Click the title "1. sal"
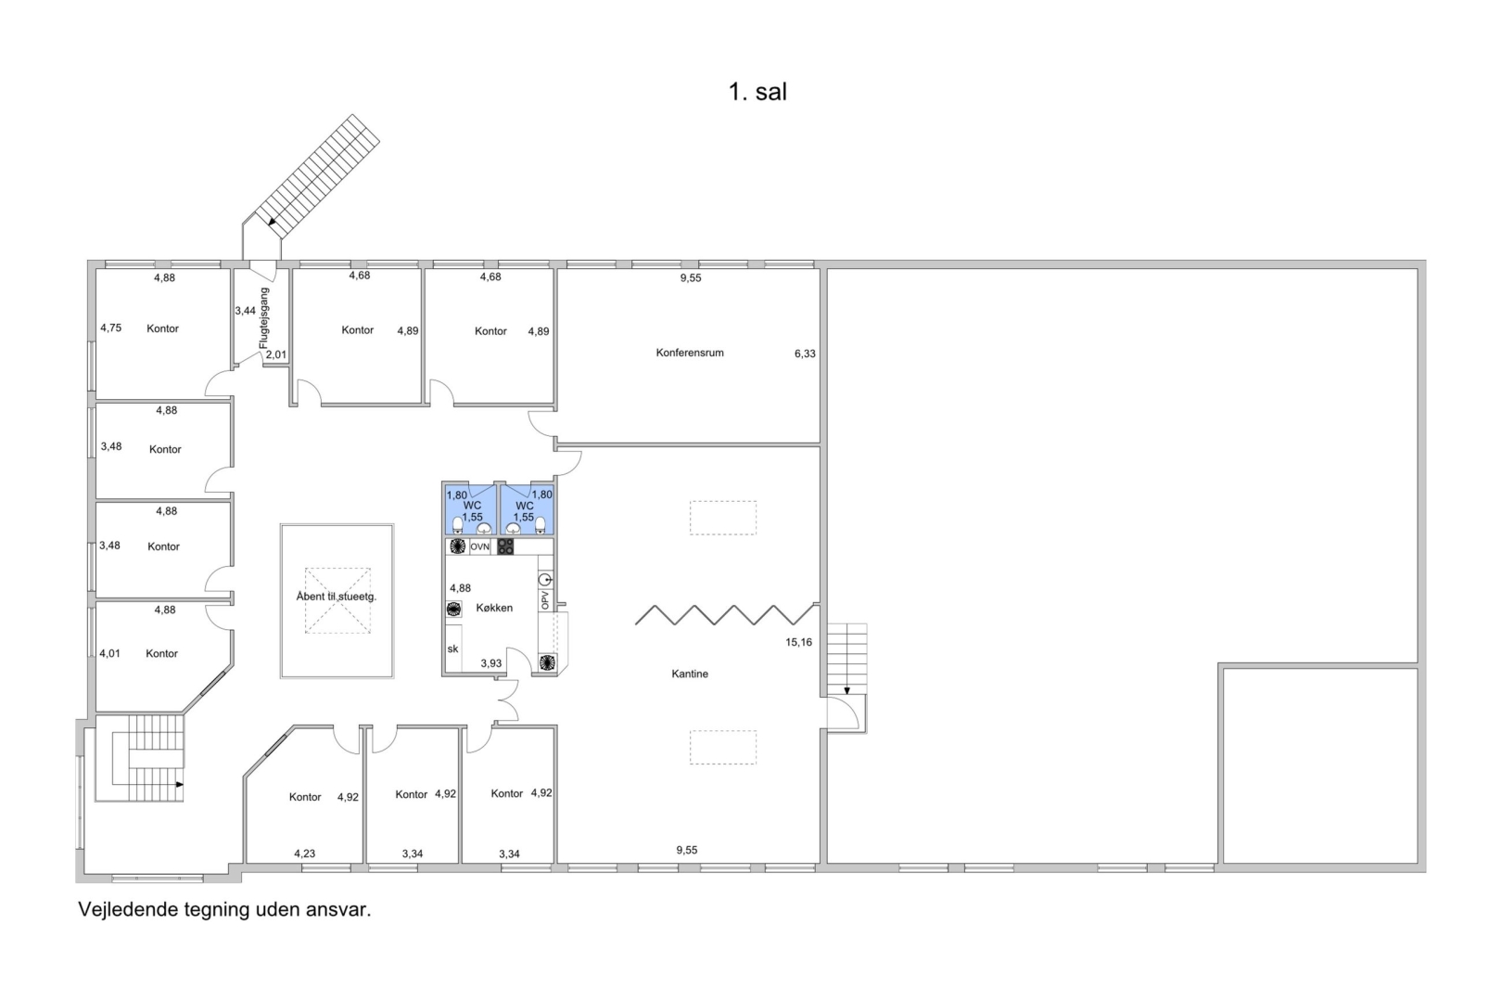tap(757, 92)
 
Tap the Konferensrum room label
tap(689, 353)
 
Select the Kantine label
tap(689, 674)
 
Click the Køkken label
tap(494, 608)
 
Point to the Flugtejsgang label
tap(263, 318)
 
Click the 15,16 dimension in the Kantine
tap(798, 642)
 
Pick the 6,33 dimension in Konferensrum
tap(805, 353)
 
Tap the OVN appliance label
tap(479, 547)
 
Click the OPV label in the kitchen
tap(545, 600)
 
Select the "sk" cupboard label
tap(452, 649)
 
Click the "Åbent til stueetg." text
tap(336, 597)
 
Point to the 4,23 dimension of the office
tap(304, 854)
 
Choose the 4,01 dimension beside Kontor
tap(110, 654)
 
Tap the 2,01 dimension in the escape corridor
tap(275, 354)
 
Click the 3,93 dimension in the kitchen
tap(490, 663)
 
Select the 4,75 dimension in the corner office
tap(110, 328)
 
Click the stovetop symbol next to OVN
tap(505, 547)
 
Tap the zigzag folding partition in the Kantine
tap(725, 615)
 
